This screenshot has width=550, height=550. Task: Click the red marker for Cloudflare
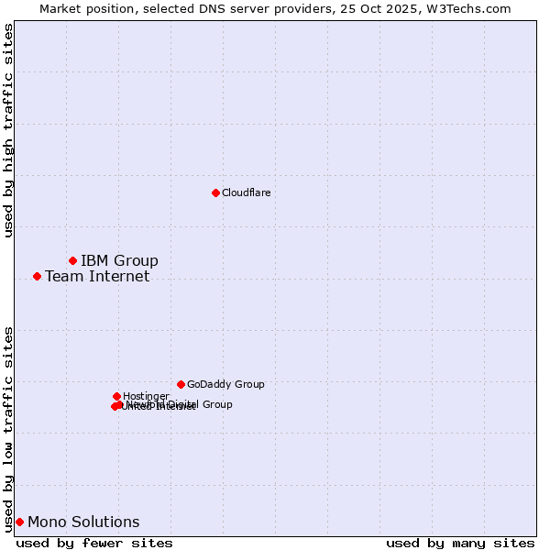click(x=215, y=192)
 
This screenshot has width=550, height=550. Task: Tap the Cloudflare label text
click(x=246, y=192)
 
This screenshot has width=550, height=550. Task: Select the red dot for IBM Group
click(x=72, y=261)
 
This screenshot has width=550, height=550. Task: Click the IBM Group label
click(x=119, y=261)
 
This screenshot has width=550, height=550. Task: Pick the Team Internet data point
click(x=37, y=276)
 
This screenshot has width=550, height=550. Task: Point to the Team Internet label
click(x=97, y=277)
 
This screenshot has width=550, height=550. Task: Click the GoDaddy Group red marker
click(x=181, y=384)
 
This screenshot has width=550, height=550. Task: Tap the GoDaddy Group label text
click(x=225, y=385)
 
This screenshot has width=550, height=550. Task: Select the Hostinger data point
click(x=116, y=396)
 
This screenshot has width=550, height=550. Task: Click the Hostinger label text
click(x=146, y=397)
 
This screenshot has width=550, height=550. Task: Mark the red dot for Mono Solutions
click(x=19, y=522)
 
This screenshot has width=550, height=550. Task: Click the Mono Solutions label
click(x=83, y=522)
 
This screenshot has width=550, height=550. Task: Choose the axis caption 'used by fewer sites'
click(x=94, y=543)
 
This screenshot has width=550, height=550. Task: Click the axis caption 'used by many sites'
click(x=460, y=543)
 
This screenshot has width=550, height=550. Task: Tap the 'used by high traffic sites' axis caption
click(x=8, y=130)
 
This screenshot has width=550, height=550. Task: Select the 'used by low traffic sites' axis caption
click(x=8, y=429)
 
